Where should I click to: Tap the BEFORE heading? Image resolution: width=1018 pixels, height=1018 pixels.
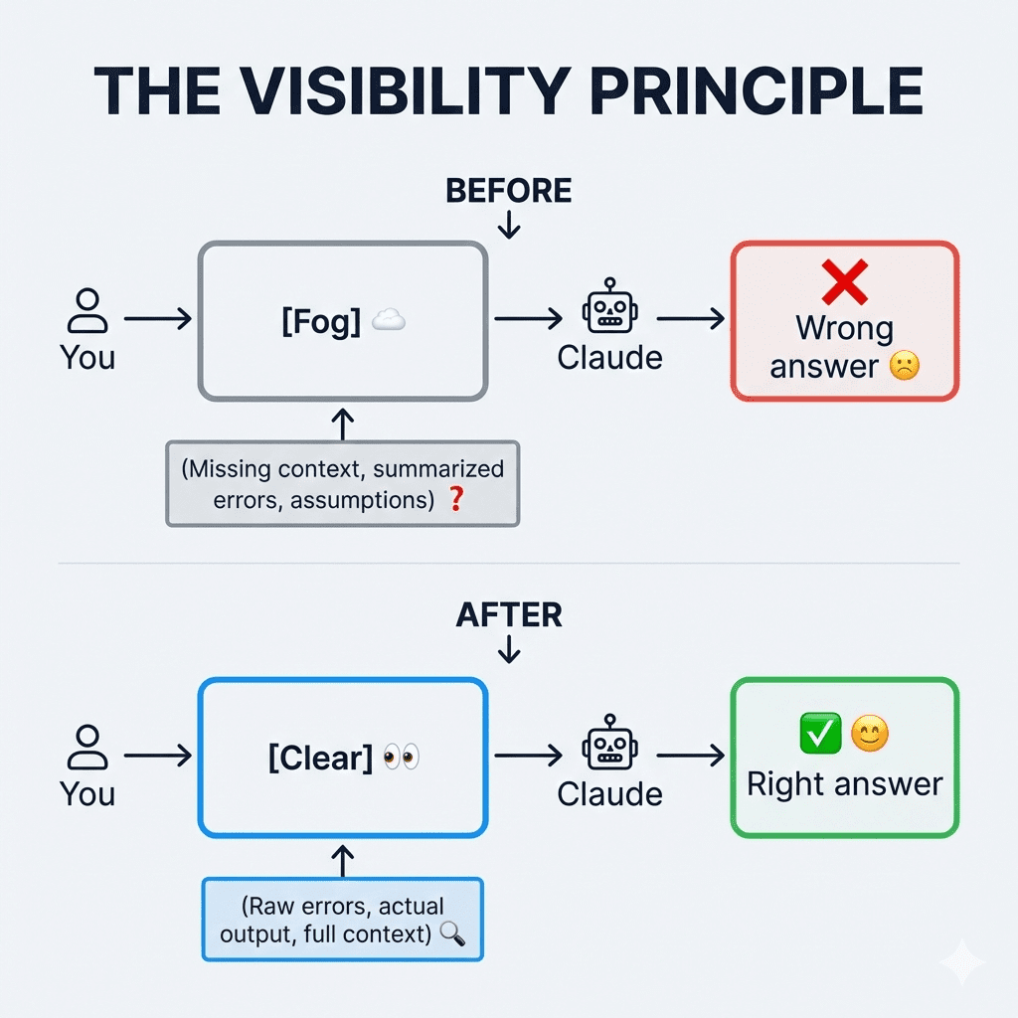(509, 190)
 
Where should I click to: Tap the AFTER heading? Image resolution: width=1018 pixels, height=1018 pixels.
(509, 615)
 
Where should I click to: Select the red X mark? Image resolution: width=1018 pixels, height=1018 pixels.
(845, 282)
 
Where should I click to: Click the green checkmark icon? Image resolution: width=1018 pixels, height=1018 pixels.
(820, 735)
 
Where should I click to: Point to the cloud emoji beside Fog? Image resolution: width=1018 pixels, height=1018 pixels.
(389, 321)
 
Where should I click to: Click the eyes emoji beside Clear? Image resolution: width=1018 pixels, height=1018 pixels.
(401, 758)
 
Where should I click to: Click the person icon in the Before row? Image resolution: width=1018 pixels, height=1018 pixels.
(87, 311)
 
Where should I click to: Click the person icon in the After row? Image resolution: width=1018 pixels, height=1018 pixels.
(87, 748)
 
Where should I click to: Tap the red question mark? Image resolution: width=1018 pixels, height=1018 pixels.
(456, 499)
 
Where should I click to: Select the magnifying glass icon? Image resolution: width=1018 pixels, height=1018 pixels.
(452, 933)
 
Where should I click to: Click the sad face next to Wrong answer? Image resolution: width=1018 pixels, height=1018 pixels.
(905, 366)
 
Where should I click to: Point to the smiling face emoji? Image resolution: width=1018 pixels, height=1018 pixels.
(871, 735)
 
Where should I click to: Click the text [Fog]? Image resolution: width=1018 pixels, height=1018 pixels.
(321, 323)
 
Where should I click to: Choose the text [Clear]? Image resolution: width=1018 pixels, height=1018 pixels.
(319, 759)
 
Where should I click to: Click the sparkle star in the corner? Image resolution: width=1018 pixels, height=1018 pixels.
(961, 961)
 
